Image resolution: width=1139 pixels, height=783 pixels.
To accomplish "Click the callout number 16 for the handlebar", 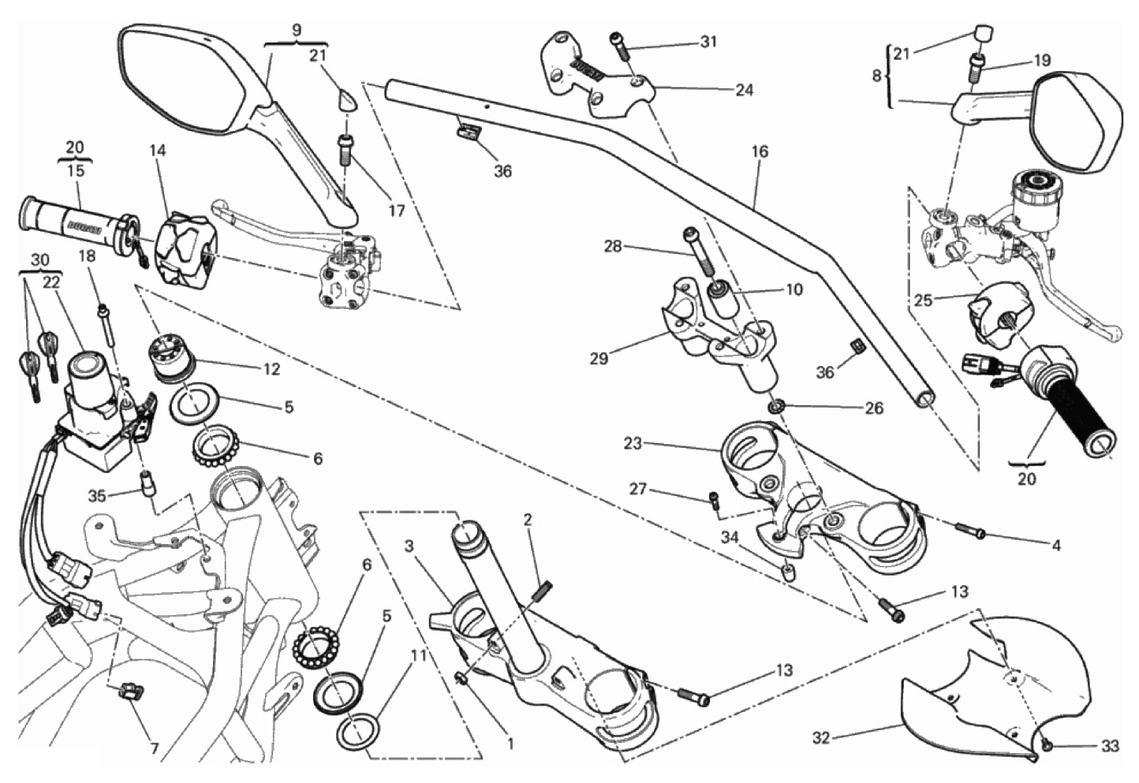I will point(760,151).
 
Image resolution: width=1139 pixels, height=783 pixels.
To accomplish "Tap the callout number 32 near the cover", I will point(821,738).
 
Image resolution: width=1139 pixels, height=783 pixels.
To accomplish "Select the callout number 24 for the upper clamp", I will point(744,90).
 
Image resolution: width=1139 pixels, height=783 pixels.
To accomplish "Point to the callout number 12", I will point(271,369).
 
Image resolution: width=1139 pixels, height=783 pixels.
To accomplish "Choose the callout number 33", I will point(1109,747).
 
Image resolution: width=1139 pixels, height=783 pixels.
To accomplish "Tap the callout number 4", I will point(1056,545).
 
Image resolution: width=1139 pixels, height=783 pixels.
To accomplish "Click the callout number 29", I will point(599,358).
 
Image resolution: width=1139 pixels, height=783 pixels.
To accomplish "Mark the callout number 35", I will point(96,496).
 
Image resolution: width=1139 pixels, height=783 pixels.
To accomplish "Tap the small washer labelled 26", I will point(777,408).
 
